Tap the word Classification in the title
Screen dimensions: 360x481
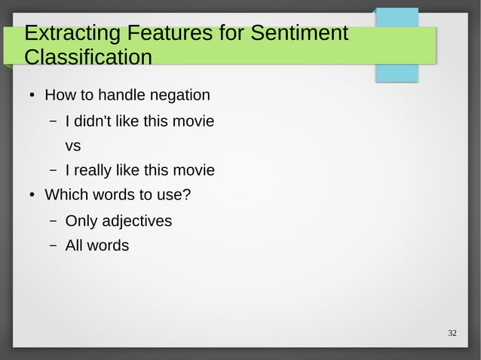(87, 57)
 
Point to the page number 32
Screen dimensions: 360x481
(452, 334)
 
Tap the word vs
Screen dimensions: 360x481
(73, 145)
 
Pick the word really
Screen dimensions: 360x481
(97, 171)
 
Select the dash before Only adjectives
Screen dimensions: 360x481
(54, 222)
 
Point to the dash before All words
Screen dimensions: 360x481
(54, 246)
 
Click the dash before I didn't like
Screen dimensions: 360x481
(54, 122)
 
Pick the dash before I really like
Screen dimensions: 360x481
(54, 172)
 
